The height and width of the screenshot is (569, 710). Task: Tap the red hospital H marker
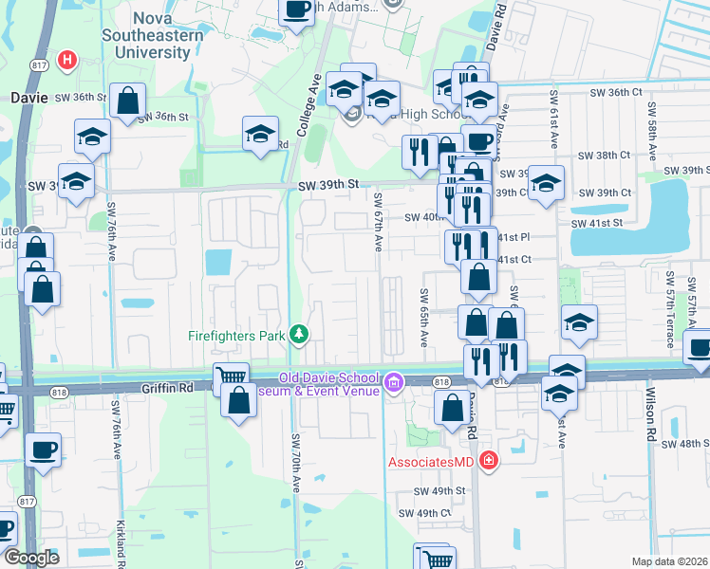(x=67, y=62)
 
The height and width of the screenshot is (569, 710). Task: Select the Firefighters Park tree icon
(x=300, y=333)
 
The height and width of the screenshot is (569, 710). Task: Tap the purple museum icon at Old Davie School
(x=394, y=384)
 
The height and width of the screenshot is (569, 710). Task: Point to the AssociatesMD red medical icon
(x=489, y=462)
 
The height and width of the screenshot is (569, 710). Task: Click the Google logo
(x=31, y=558)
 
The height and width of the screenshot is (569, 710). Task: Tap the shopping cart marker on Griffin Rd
(x=231, y=378)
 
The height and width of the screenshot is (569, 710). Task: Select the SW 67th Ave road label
(x=378, y=223)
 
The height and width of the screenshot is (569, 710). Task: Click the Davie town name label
(x=28, y=97)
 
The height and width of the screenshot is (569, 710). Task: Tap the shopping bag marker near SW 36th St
(x=126, y=101)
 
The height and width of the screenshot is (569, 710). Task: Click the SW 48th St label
(x=685, y=444)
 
